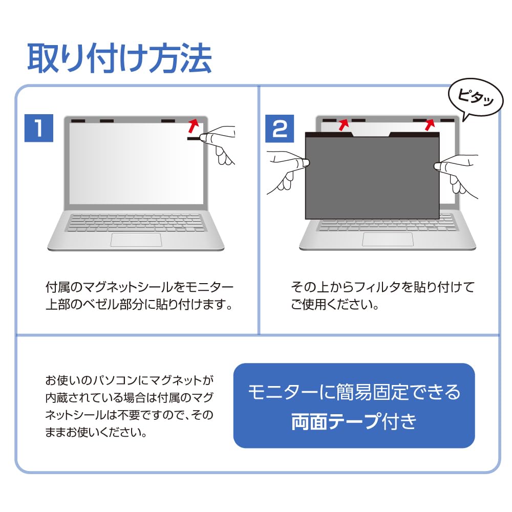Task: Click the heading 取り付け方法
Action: [x=119, y=58]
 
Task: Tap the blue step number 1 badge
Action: [x=39, y=128]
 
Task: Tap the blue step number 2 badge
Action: [x=280, y=128]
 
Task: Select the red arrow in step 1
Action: [x=193, y=125]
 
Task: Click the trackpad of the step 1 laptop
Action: [x=136, y=240]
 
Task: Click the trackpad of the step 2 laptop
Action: [x=388, y=239]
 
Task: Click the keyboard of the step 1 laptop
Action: [x=136, y=222]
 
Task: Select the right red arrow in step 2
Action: [x=430, y=123]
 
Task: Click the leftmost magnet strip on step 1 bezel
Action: [x=78, y=121]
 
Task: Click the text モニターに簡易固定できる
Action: [x=354, y=392]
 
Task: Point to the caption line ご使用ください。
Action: [x=335, y=306]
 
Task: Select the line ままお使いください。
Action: [x=96, y=433]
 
